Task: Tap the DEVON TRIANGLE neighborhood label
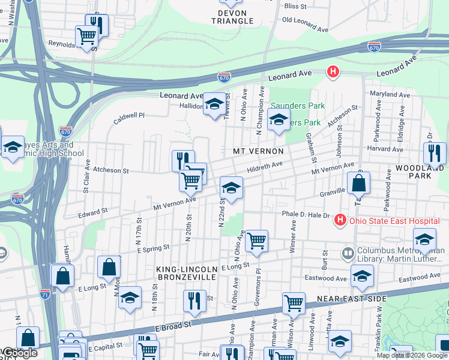pos(232,17)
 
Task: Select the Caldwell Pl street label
pos(131,116)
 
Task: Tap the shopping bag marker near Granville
pos(358,184)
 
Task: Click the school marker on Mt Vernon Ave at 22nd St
pos(231,188)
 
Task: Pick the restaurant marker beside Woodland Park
pos(435,154)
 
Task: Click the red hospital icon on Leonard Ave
pos(333,73)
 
